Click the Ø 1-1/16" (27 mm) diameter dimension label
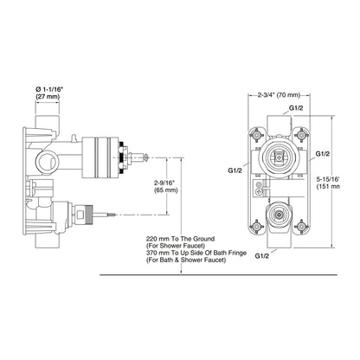[48, 93]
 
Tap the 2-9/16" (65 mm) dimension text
[165, 186]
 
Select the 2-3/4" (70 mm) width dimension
[279, 95]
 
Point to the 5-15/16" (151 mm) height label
[328, 183]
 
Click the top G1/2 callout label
[296, 108]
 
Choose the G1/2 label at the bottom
[262, 255]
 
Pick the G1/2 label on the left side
[235, 170]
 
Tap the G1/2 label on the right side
[322, 154]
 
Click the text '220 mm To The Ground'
[180, 239]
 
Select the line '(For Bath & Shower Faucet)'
[186, 260]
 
